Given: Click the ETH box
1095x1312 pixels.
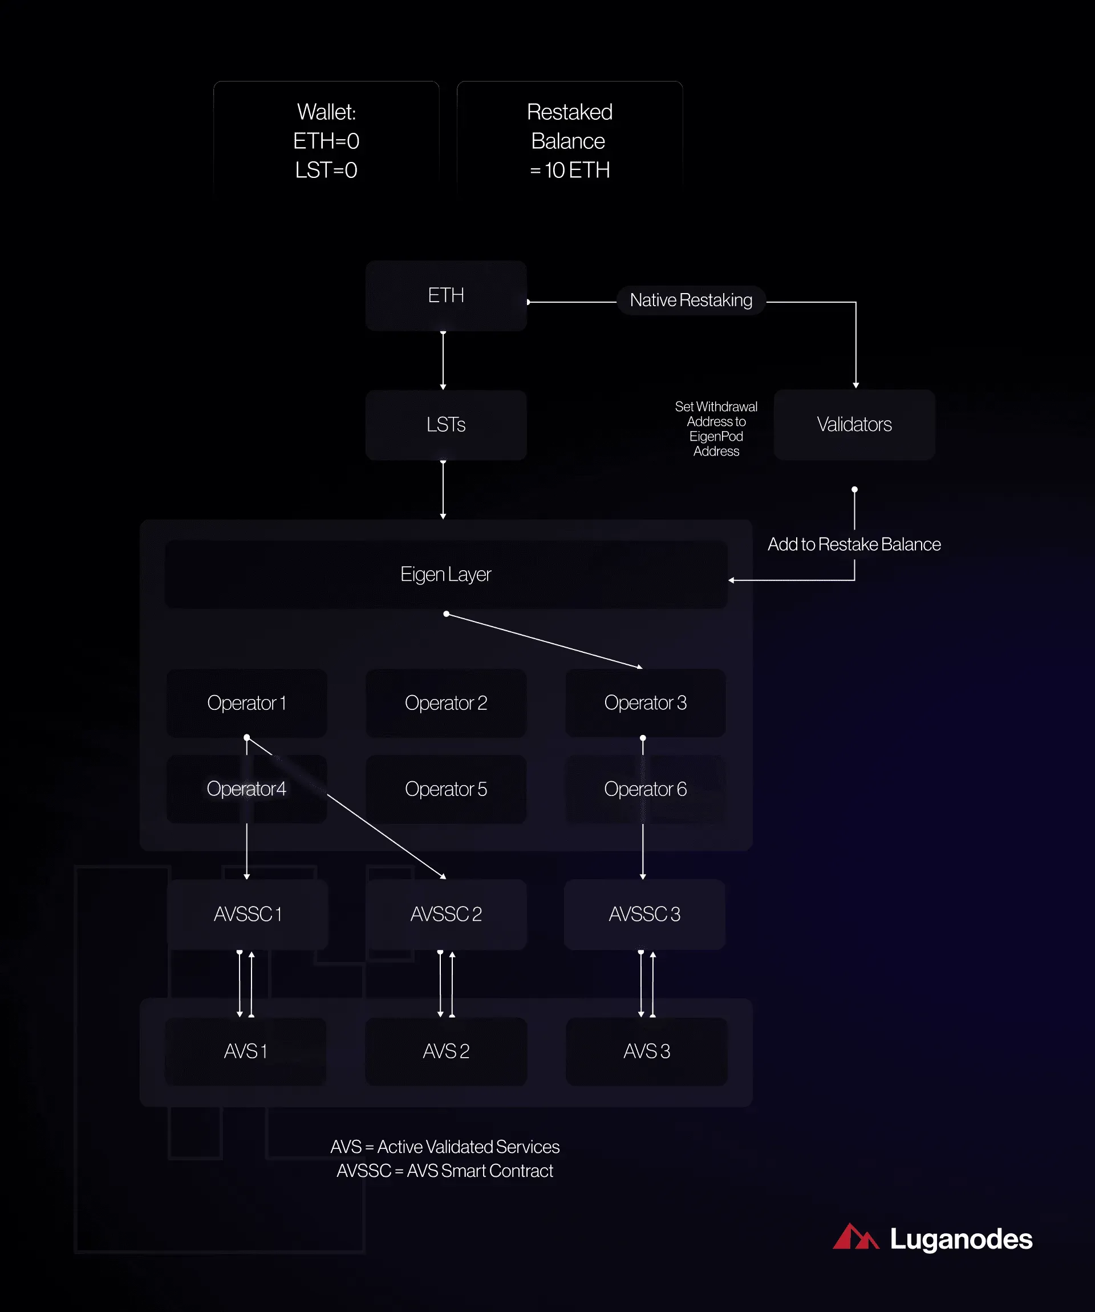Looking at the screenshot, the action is [x=445, y=295].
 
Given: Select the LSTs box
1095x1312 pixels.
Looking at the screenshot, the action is [x=445, y=425].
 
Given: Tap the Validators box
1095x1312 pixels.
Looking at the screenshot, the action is [x=854, y=425].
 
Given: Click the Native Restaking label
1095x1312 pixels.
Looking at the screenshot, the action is [x=691, y=300].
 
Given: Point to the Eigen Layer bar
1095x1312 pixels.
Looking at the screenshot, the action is [x=445, y=574].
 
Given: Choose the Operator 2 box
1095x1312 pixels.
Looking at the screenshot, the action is [x=445, y=703].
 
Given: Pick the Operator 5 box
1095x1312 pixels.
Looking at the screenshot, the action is [x=445, y=789].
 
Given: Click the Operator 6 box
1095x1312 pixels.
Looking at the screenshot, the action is [x=646, y=789].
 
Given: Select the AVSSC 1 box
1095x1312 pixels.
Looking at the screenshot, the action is [x=248, y=915].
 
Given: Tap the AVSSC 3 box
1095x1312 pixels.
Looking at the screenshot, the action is [x=644, y=915].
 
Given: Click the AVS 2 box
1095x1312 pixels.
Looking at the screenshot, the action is [x=445, y=1051].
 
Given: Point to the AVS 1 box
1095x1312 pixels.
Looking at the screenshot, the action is [x=246, y=1051].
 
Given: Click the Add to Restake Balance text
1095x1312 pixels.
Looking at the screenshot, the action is [x=854, y=544].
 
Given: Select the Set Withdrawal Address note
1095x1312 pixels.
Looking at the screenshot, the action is [x=716, y=429].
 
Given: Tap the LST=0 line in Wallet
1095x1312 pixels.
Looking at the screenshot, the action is [x=326, y=170].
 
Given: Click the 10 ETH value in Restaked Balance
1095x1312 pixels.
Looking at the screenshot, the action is [x=577, y=170].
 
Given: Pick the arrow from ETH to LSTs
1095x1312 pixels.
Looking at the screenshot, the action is [x=443, y=361].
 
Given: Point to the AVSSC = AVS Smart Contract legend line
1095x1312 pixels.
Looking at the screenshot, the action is [x=445, y=1171].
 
